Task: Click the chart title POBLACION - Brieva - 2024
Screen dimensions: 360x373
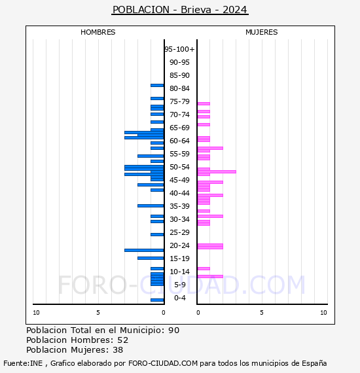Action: click(x=180, y=10)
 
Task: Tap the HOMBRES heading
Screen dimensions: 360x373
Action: click(x=98, y=32)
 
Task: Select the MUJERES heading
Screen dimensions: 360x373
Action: click(x=262, y=32)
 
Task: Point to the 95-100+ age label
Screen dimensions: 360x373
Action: click(x=179, y=49)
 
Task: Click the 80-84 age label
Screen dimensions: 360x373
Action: click(x=179, y=88)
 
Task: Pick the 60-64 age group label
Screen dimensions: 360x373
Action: click(x=179, y=141)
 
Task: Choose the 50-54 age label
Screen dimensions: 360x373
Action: click(x=179, y=167)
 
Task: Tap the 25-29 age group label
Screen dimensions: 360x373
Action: click(x=179, y=232)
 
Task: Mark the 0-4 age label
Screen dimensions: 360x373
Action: click(x=180, y=298)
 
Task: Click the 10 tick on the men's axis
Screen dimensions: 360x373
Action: click(x=36, y=313)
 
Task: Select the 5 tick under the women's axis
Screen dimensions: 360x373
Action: click(x=262, y=313)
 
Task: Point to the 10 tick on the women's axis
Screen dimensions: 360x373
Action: click(x=323, y=313)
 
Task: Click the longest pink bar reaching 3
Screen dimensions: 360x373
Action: click(x=217, y=171)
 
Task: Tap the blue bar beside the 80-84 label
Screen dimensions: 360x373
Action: click(x=157, y=86)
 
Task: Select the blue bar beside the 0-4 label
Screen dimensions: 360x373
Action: click(x=157, y=300)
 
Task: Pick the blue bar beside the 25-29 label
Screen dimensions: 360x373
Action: click(x=157, y=234)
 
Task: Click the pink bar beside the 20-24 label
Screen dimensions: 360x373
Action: click(x=210, y=246)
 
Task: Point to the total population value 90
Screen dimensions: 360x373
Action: click(x=173, y=330)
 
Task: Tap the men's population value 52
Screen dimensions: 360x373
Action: click(x=123, y=340)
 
